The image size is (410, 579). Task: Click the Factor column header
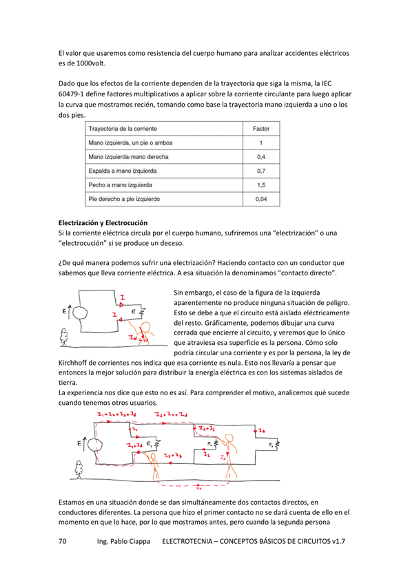click(261, 129)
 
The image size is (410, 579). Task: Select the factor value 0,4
click(261, 157)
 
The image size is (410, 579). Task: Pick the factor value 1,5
click(261, 185)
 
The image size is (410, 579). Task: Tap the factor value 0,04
click(261, 199)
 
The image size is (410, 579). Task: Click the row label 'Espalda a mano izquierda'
click(123, 171)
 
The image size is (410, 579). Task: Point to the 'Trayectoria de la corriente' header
click(123, 129)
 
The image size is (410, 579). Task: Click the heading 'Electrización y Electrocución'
click(103, 222)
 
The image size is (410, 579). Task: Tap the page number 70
click(63, 541)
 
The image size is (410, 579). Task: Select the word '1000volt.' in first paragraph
click(92, 63)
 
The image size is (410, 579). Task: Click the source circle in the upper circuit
click(80, 313)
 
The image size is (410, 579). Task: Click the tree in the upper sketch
click(64, 337)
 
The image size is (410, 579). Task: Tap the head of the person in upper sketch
click(145, 326)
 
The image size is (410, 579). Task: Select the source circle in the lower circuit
click(95, 445)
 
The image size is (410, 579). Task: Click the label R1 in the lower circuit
click(149, 444)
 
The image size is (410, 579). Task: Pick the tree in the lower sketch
click(79, 469)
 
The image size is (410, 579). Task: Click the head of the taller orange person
click(229, 438)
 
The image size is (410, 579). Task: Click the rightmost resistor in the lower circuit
click(276, 445)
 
